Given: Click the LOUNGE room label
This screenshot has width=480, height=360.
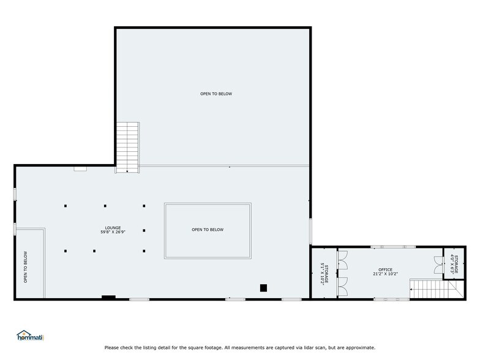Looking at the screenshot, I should [x=113, y=228].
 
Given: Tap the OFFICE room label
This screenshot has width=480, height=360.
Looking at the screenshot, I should [x=385, y=269].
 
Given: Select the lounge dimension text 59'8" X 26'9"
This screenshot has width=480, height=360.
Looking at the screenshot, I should [x=113, y=232].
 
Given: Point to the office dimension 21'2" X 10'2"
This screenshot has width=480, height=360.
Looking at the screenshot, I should [x=385, y=274].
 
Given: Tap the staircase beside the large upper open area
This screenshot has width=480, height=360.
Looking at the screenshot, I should [x=128, y=147].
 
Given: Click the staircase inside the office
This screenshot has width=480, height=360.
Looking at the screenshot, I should [x=429, y=289].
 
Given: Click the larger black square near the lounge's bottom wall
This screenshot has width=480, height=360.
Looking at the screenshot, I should [x=263, y=287].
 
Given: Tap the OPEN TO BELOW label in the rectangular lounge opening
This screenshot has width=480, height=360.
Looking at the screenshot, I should [x=208, y=230].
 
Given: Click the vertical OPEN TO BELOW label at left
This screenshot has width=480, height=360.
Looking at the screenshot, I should [x=25, y=268].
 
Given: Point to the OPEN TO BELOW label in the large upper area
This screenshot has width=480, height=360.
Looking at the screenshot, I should [x=216, y=94].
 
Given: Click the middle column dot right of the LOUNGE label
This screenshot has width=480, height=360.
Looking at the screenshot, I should [x=144, y=231].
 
